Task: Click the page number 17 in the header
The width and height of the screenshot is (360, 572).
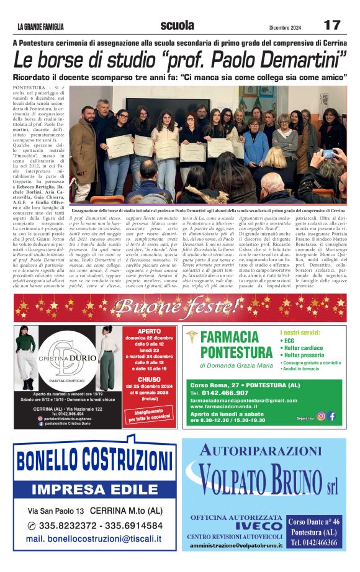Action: [x=332, y=25]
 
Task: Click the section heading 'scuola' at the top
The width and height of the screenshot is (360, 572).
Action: [x=177, y=25]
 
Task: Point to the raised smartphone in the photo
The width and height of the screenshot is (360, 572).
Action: [x=327, y=154]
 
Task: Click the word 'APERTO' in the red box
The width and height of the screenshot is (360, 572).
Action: [x=149, y=332]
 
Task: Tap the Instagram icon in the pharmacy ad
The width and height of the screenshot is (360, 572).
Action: [x=321, y=416]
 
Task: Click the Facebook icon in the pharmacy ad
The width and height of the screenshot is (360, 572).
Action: [x=332, y=416]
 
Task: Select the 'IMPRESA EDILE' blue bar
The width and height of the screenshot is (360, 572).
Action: [x=95, y=489]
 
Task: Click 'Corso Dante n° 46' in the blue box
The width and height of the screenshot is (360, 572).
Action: [x=314, y=522]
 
